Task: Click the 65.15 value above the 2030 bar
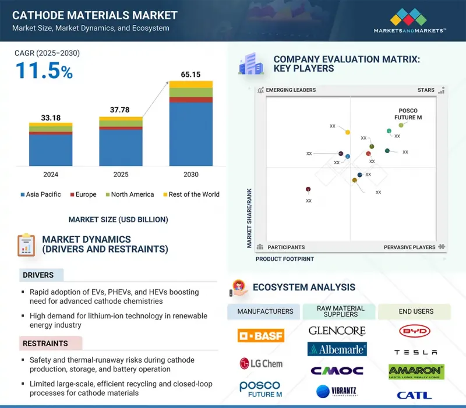pyautogui.click(x=190, y=74)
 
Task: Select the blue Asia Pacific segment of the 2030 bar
pyautogui.click(x=190, y=134)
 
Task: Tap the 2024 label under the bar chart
pyautogui.click(x=51, y=174)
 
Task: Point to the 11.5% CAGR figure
pyautogui.click(x=44, y=71)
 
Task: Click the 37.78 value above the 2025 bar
pyautogui.click(x=121, y=111)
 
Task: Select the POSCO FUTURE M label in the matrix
pyautogui.click(x=408, y=114)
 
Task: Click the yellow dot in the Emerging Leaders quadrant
pyautogui.click(x=348, y=133)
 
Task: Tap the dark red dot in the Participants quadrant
pyautogui.click(x=308, y=189)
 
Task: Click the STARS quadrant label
pyautogui.click(x=426, y=90)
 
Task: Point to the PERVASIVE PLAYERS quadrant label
pyautogui.click(x=409, y=247)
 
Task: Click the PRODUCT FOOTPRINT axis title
pyautogui.click(x=285, y=259)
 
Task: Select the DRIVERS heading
pyautogui.click(x=38, y=275)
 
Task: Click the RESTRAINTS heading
pyautogui.click(x=45, y=343)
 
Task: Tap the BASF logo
pyautogui.click(x=260, y=335)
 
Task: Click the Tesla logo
pyautogui.click(x=415, y=352)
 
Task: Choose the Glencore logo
pyautogui.click(x=337, y=331)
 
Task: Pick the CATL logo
pyautogui.click(x=414, y=395)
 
